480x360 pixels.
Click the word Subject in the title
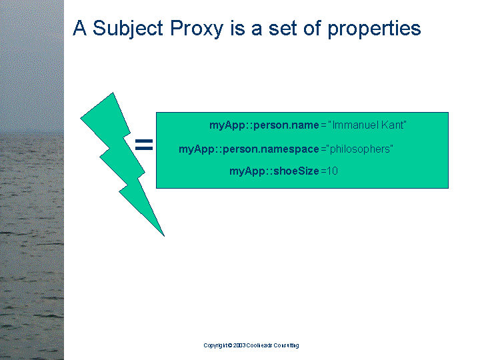tap(127, 29)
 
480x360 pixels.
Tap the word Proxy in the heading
tap(197, 29)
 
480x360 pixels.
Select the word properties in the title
tap(374, 29)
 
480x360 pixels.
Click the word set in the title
tap(283, 29)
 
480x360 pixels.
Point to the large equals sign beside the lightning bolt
tap(144, 145)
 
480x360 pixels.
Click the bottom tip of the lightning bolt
tap(165, 236)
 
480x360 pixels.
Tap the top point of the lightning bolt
tap(113, 93)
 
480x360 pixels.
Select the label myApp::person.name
tap(264, 125)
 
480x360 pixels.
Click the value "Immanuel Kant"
tap(367, 125)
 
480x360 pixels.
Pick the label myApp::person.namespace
tap(249, 149)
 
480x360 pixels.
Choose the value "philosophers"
tap(360, 149)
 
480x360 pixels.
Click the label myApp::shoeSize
tap(274, 171)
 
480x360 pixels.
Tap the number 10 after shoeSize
tap(332, 171)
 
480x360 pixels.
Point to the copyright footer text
tap(251, 345)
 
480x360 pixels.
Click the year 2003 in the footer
tap(239, 345)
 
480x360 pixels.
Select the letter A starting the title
tap(79, 28)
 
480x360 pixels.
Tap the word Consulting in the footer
tap(286, 345)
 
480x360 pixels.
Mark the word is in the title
tap(238, 28)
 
